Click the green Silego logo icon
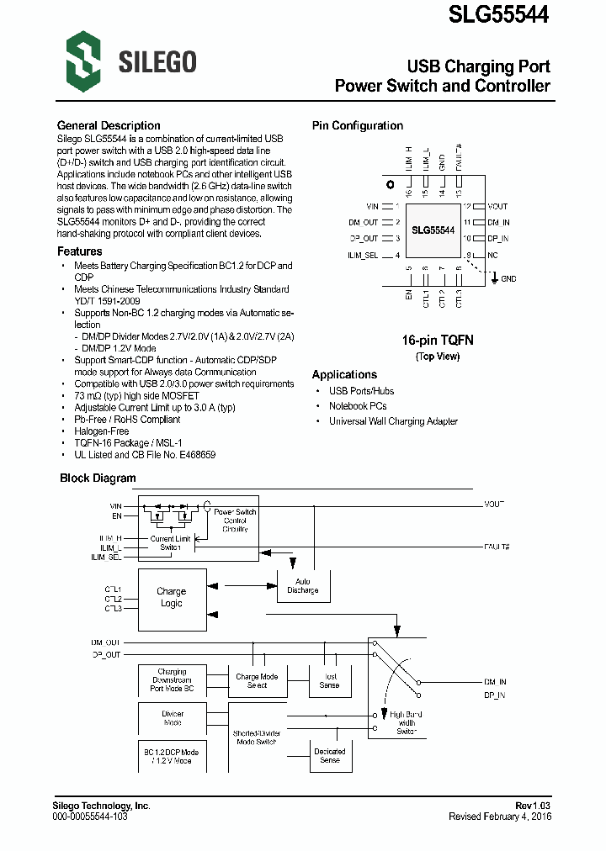click(x=83, y=60)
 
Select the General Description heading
click(x=109, y=125)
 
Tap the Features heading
click(x=79, y=251)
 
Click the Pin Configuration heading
click(x=358, y=125)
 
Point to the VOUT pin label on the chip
click(x=497, y=206)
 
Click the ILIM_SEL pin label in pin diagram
click(x=363, y=255)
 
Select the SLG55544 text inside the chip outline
click(x=433, y=230)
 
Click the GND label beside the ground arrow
click(x=508, y=279)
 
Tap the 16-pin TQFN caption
click(x=438, y=341)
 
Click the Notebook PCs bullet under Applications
click(x=358, y=406)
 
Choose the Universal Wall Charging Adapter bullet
click(x=393, y=421)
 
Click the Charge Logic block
click(x=172, y=598)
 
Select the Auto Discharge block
click(x=303, y=585)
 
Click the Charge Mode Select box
click(x=257, y=681)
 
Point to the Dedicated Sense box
click(x=330, y=755)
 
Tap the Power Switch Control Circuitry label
click(x=235, y=521)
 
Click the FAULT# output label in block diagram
click(x=495, y=546)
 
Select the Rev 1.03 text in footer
click(x=533, y=806)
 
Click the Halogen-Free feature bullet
click(x=101, y=431)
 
